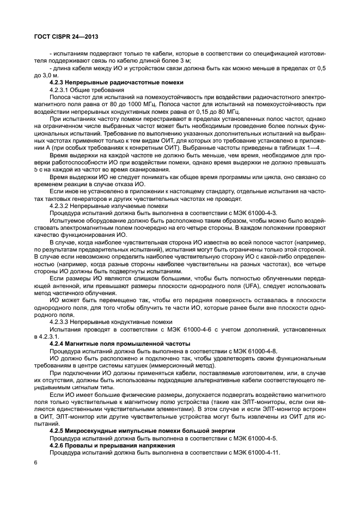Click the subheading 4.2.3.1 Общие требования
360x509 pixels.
(86, 89)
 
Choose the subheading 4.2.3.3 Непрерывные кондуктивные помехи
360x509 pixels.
(103, 322)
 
